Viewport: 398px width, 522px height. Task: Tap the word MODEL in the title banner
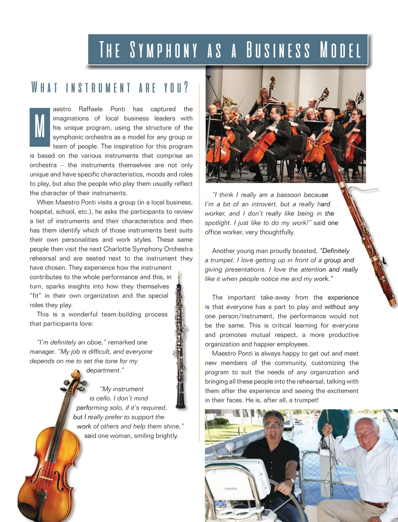[x=340, y=50]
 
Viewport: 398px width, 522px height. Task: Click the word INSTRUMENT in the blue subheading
[x=98, y=88]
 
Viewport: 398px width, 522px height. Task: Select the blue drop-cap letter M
[x=40, y=127]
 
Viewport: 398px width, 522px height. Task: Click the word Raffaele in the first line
[x=91, y=109]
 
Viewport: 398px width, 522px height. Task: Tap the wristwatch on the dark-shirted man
[x=290, y=481]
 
